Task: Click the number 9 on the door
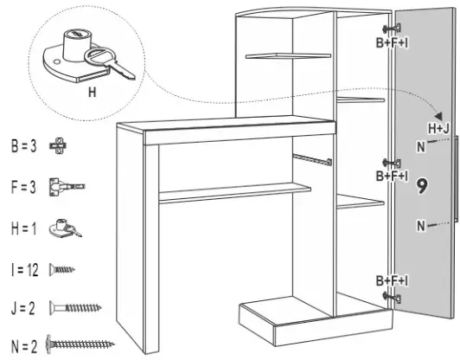click(423, 185)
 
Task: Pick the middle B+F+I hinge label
click(391, 176)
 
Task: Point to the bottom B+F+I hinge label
click(391, 281)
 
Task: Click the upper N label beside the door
click(420, 146)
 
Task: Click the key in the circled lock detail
click(111, 62)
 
